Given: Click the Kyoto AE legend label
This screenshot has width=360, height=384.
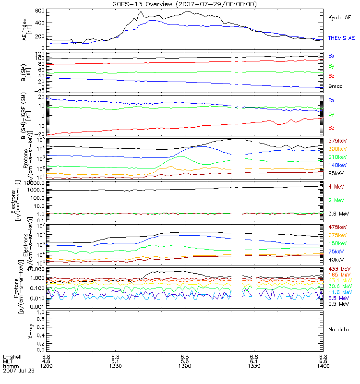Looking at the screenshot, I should tap(339, 17).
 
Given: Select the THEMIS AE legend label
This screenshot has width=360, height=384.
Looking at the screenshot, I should tap(341, 38).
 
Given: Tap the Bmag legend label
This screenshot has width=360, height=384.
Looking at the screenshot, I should tap(335, 86).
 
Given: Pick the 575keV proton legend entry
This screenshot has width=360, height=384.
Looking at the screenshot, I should tap(337, 141).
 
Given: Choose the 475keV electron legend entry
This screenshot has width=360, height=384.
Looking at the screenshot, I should tap(337, 227).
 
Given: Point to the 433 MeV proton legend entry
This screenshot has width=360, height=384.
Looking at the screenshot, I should tap(338, 269).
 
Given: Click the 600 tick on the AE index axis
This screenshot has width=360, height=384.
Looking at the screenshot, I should tap(40, 11).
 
